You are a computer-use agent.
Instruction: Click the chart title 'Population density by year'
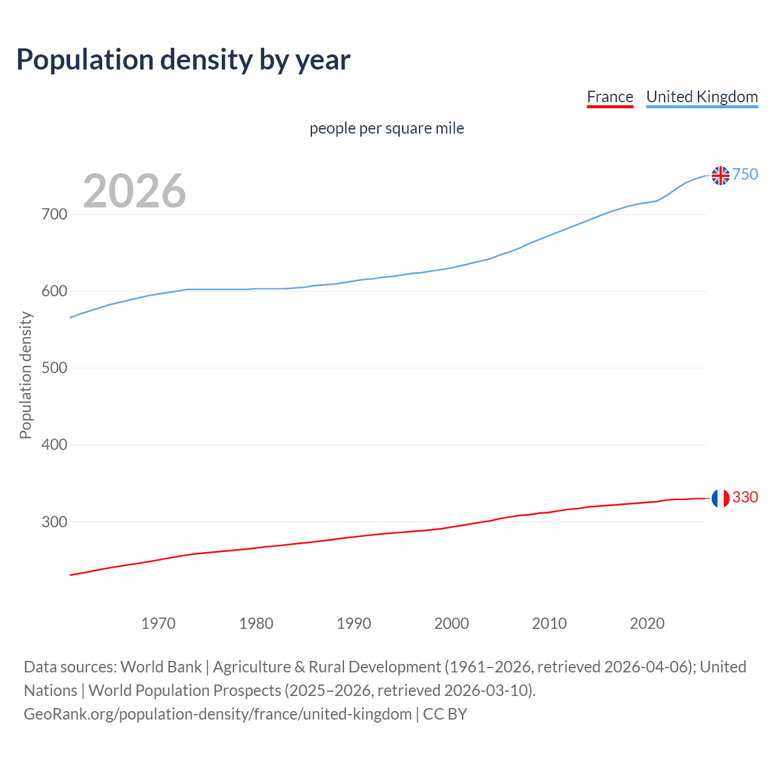pyautogui.click(x=183, y=59)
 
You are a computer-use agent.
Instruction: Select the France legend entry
pyautogui.click(x=610, y=97)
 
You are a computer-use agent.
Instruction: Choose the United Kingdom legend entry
pyautogui.click(x=701, y=97)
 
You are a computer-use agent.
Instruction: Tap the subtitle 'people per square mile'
pyautogui.click(x=386, y=128)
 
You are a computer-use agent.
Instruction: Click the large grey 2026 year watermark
pyautogui.click(x=134, y=190)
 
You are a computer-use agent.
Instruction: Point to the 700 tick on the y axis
pyautogui.click(x=54, y=215)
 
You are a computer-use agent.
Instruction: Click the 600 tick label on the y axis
pyautogui.click(x=54, y=291)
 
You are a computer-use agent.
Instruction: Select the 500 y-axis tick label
pyautogui.click(x=54, y=368)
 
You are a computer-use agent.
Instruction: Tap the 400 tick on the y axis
pyautogui.click(x=54, y=445)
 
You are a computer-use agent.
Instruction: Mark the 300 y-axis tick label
pyautogui.click(x=54, y=522)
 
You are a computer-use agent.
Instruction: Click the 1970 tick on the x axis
pyautogui.click(x=158, y=623)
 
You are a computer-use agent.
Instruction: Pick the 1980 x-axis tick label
pyautogui.click(x=256, y=623)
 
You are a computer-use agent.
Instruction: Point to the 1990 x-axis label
pyautogui.click(x=354, y=623)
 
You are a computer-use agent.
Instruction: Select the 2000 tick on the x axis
pyautogui.click(x=451, y=623)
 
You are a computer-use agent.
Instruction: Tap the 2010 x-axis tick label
pyautogui.click(x=549, y=623)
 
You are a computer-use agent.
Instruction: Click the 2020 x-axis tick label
pyautogui.click(x=647, y=623)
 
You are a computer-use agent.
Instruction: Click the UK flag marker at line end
pyautogui.click(x=720, y=175)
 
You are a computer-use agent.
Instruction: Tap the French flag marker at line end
pyautogui.click(x=720, y=498)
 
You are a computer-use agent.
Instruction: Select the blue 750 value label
pyautogui.click(x=745, y=174)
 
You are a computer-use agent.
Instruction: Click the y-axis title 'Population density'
pyautogui.click(x=25, y=375)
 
